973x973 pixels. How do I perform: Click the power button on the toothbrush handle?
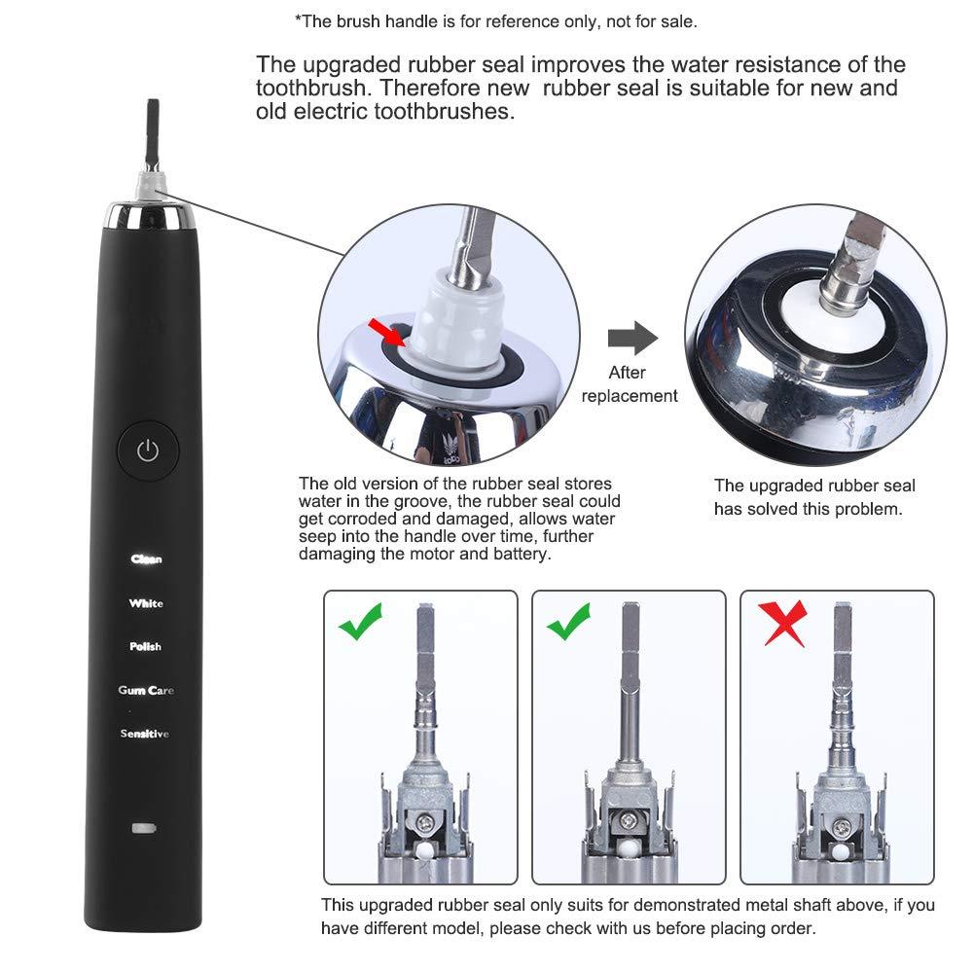pyautogui.click(x=147, y=450)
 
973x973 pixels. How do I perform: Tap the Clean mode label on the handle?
pyautogui.click(x=147, y=559)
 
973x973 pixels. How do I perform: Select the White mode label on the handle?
pyautogui.click(x=146, y=603)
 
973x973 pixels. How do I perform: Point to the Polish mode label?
pyautogui.click(x=146, y=647)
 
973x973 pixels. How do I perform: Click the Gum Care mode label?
pyautogui.click(x=146, y=690)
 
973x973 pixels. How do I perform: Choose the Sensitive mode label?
pyautogui.click(x=145, y=734)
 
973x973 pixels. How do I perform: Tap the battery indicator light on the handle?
pyautogui.click(x=144, y=830)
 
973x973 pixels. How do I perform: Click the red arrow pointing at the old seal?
pyautogui.click(x=387, y=332)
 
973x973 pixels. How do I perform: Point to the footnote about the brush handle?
pyautogui.click(x=495, y=20)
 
